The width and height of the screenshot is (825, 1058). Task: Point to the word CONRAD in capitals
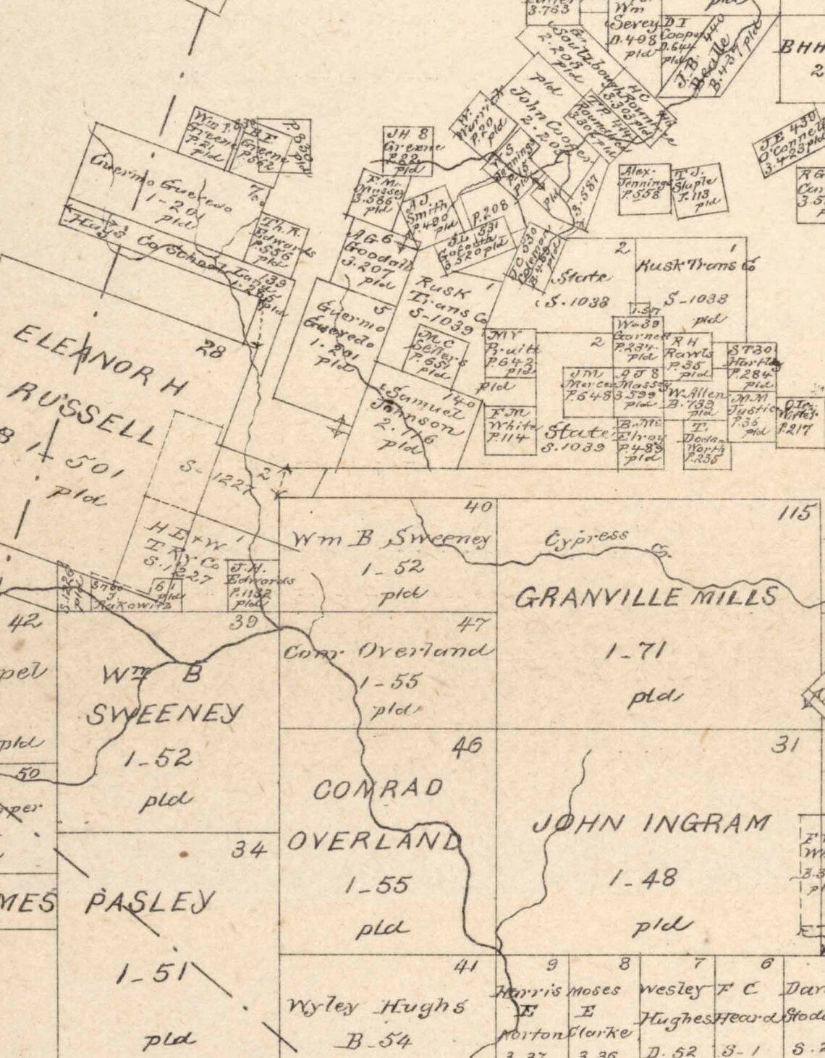pos(377,789)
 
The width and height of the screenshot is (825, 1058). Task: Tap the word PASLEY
pos(151,902)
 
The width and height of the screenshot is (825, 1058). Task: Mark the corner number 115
pos(795,515)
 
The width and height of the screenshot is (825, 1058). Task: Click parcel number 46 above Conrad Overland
pos(467,745)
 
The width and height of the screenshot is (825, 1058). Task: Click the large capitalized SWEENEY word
pos(164,715)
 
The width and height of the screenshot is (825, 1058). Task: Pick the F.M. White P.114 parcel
pos(511,426)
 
